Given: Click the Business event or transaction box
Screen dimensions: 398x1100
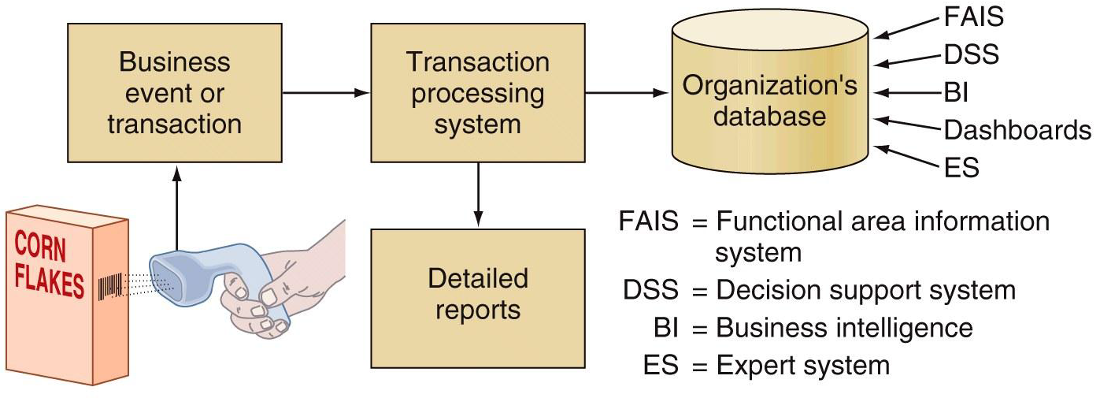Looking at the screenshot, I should (x=175, y=93).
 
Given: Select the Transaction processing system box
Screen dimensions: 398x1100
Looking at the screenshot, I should (x=478, y=93).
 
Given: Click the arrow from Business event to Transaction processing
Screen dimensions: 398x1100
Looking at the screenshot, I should (x=325, y=93).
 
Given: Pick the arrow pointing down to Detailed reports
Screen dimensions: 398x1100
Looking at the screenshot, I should (x=478, y=193).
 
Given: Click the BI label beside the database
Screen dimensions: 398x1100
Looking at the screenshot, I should (x=956, y=92).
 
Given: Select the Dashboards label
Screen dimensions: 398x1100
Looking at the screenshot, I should (x=1017, y=130).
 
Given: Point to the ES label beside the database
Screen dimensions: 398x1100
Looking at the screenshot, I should (x=960, y=167).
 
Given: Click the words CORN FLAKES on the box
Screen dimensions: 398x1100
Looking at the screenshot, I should (x=49, y=266).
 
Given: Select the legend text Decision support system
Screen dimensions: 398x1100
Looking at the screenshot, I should (x=865, y=290).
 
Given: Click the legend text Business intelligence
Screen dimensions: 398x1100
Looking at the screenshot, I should (x=844, y=327).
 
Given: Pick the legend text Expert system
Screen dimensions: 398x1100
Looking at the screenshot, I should (x=802, y=365).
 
